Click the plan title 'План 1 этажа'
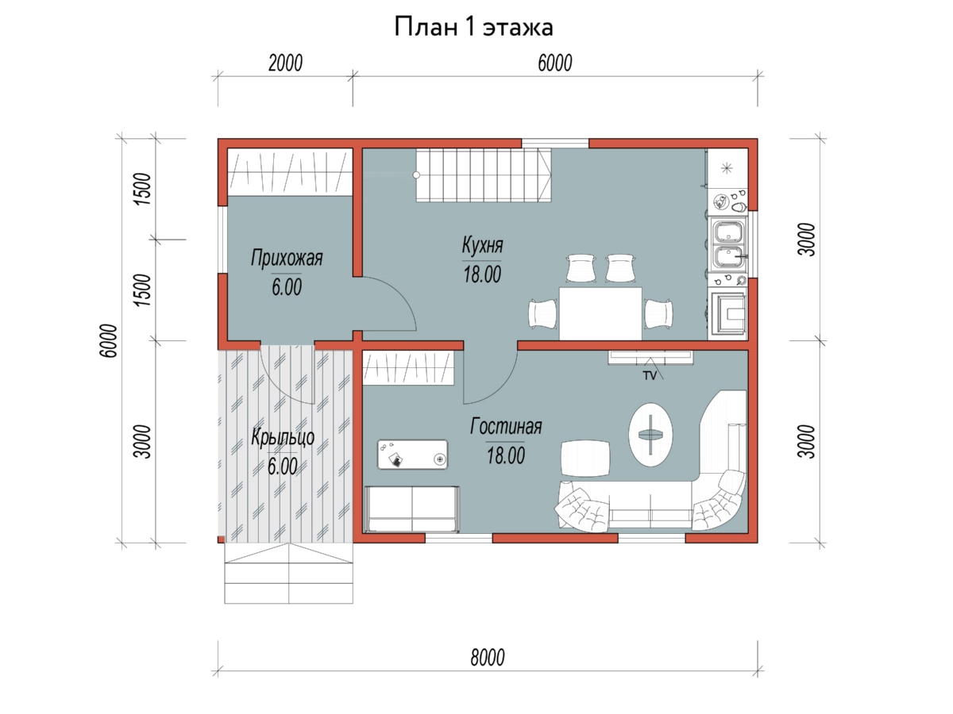pyautogui.click(x=473, y=27)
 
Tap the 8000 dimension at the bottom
pyautogui.click(x=488, y=658)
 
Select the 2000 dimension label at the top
pyautogui.click(x=285, y=63)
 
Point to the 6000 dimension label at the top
pyautogui.click(x=555, y=63)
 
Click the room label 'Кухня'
pyautogui.click(x=482, y=245)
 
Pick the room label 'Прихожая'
pyautogui.click(x=287, y=258)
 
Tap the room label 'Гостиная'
pyautogui.click(x=506, y=426)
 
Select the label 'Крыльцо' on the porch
pyautogui.click(x=283, y=437)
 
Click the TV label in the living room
pyautogui.click(x=650, y=376)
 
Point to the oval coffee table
pyautogui.click(x=650, y=435)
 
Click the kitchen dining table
pyautogui.click(x=600, y=313)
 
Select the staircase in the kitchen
pyautogui.click(x=484, y=175)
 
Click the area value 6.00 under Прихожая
pyautogui.click(x=287, y=287)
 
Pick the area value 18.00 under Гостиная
pyautogui.click(x=506, y=455)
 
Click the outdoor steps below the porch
pyautogui.click(x=289, y=573)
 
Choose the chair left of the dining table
pyautogui.click(x=542, y=314)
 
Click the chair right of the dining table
pyautogui.click(x=658, y=314)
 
